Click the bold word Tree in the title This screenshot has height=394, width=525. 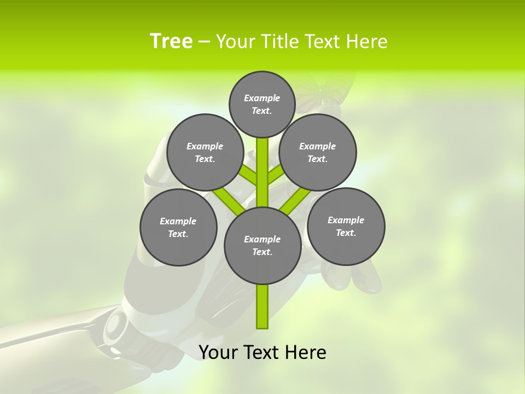click(171, 42)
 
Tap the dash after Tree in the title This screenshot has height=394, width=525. click(204, 42)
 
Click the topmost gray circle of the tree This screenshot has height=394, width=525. click(262, 105)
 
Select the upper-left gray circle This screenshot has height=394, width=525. click(205, 153)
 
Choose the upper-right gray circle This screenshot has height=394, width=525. click(318, 153)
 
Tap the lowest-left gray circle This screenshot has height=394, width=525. click(178, 228)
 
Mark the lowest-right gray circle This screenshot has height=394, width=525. click(346, 227)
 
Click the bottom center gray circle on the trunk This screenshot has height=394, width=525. click(262, 246)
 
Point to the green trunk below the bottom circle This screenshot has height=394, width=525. click(262, 306)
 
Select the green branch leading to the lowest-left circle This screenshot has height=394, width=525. click(227, 200)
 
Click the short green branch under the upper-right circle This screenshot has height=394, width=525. click(276, 175)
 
